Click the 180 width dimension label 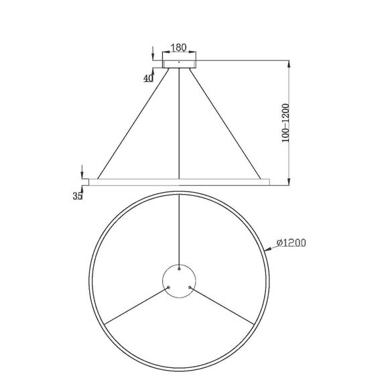178,48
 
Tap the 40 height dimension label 149,78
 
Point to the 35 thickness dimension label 77,196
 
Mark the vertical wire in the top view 180,228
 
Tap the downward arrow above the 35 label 82,174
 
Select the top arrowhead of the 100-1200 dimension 289,64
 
